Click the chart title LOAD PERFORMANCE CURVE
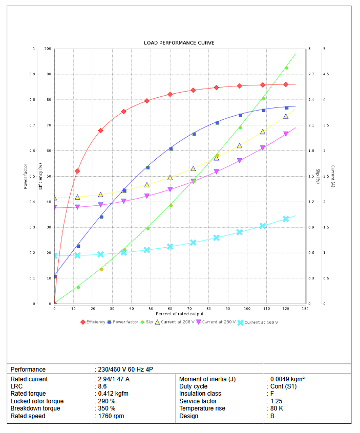click(179, 42)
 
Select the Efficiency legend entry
click(95, 322)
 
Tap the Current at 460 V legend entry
click(261, 322)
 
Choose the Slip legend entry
click(149, 322)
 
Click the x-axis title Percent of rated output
click(180, 314)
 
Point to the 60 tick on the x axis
click(171, 308)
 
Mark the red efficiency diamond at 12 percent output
click(77, 171)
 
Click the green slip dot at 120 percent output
click(286, 68)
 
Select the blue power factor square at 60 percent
click(171, 149)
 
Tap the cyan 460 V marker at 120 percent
click(286, 219)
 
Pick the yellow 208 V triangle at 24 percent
click(100, 194)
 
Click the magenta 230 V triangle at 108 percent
click(263, 148)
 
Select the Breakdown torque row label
click(35, 408)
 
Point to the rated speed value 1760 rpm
click(110, 416)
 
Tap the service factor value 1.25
click(277, 401)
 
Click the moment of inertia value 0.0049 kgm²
click(287, 379)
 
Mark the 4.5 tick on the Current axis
click(326, 74)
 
